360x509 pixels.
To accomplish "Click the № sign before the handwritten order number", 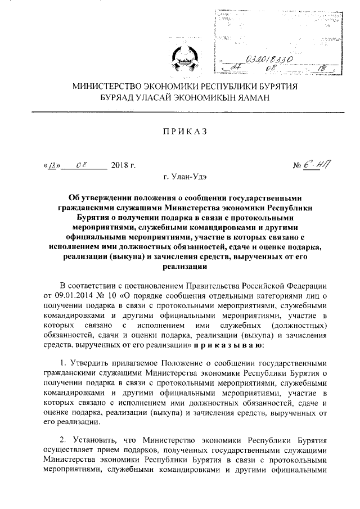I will point(298,165).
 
